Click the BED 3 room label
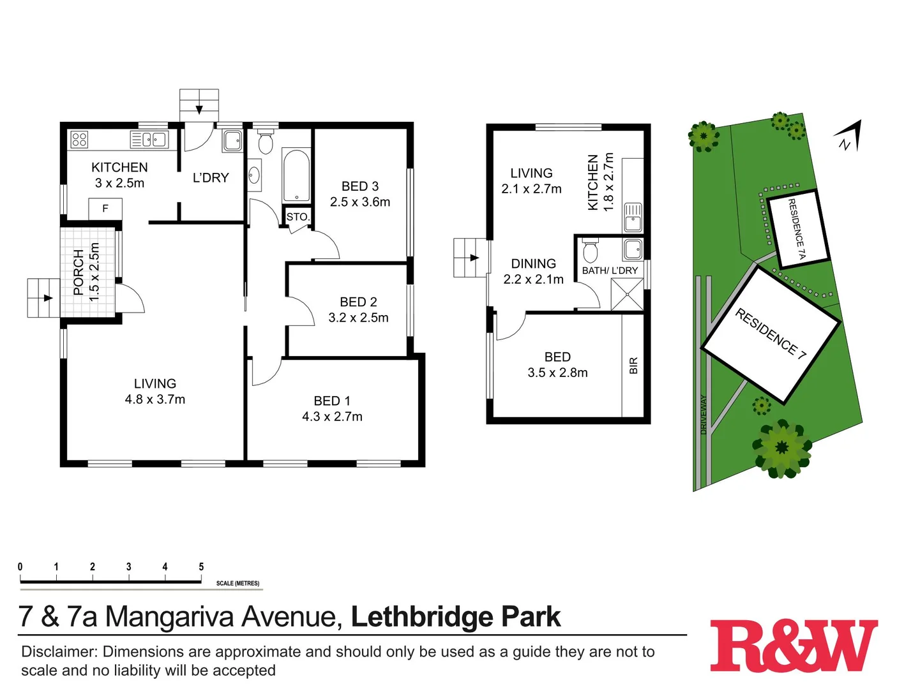point(360,186)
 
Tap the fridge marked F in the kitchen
point(105,209)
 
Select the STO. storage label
point(298,217)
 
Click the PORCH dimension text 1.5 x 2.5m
point(94,272)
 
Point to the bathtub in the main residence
point(296,176)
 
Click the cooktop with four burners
point(79,139)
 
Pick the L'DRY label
point(211,178)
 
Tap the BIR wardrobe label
point(633,366)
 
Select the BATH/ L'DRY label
point(610,270)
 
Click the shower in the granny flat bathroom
point(627,294)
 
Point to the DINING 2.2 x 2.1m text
point(534,272)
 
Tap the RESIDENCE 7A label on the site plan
point(797,228)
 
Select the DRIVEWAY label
point(704,415)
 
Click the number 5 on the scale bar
point(201,567)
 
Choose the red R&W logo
point(794,646)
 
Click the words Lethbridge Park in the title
point(456,617)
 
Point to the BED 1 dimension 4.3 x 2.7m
point(332,417)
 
